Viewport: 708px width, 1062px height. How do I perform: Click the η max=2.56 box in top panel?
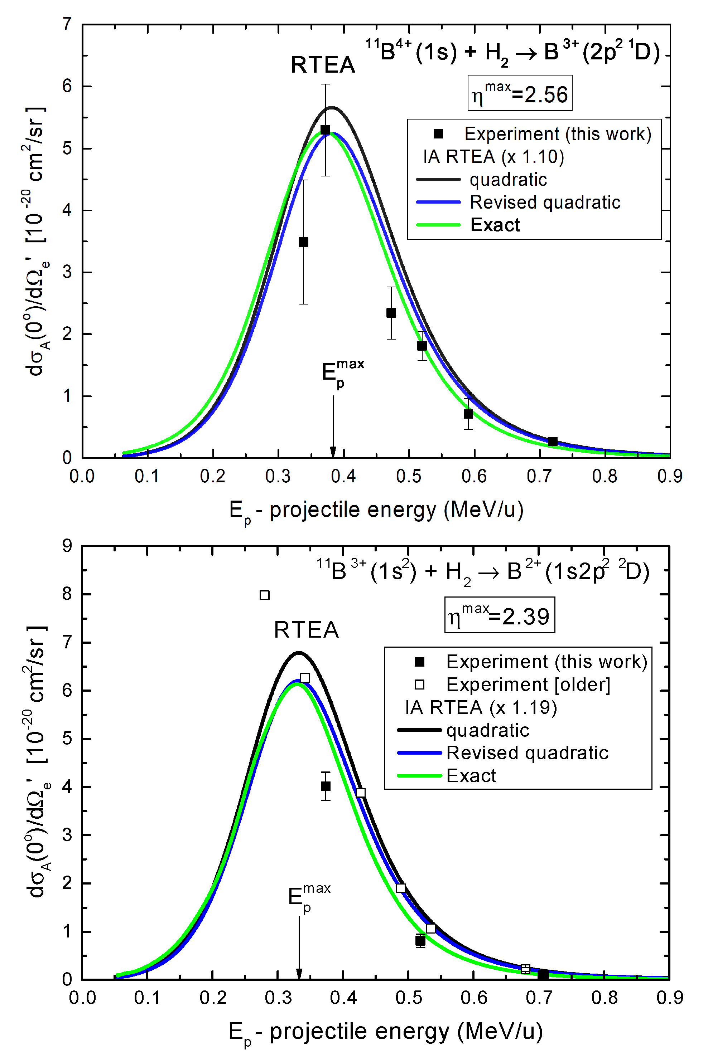(x=519, y=93)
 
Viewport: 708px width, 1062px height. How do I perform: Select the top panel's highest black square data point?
(x=325, y=130)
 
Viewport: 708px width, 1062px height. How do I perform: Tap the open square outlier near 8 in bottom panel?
(x=265, y=595)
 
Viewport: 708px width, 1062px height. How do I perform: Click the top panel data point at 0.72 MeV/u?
(x=553, y=442)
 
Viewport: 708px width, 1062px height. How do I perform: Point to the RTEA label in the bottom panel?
(x=306, y=630)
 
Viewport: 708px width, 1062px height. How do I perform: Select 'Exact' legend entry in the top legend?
(x=495, y=225)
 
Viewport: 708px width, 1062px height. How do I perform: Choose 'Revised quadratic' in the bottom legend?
(x=527, y=753)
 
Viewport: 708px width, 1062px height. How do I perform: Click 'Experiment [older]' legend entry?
(x=528, y=685)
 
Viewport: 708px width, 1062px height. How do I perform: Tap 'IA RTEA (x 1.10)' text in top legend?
(x=493, y=157)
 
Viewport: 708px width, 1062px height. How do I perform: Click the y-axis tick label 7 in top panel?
(x=67, y=24)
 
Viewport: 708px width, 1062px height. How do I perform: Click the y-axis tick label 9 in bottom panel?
(x=67, y=546)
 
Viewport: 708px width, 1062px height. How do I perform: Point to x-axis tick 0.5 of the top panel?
(x=409, y=476)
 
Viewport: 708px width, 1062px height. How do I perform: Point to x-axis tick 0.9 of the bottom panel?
(x=670, y=998)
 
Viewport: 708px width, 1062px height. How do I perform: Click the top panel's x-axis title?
(x=376, y=511)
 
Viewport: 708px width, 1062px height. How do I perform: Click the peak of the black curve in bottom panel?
(x=298, y=652)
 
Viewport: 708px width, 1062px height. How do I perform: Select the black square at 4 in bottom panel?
(x=326, y=786)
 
